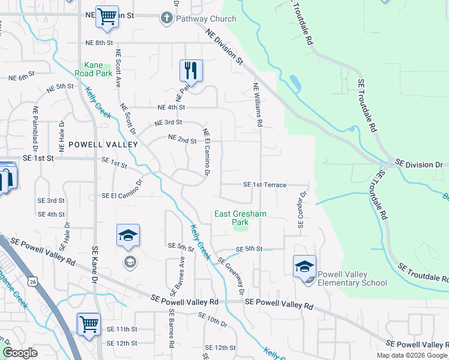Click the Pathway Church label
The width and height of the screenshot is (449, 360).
[206, 19]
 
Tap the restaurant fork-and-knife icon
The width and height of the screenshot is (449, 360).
[191, 70]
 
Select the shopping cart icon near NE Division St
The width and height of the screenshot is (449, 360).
[107, 17]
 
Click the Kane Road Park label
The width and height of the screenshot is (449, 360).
[98, 69]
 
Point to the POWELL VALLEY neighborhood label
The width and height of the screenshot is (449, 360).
[103, 145]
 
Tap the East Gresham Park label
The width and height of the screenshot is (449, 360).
[240, 218]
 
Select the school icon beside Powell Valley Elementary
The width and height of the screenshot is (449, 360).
[305, 266]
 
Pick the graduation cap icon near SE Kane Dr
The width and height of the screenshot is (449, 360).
[128, 235]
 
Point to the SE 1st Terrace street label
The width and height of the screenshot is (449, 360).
[265, 185]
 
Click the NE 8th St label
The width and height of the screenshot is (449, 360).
[99, 43]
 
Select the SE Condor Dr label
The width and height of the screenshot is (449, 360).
[302, 210]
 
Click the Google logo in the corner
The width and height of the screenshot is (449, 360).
[20, 353]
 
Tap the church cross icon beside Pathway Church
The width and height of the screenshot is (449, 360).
[167, 19]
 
